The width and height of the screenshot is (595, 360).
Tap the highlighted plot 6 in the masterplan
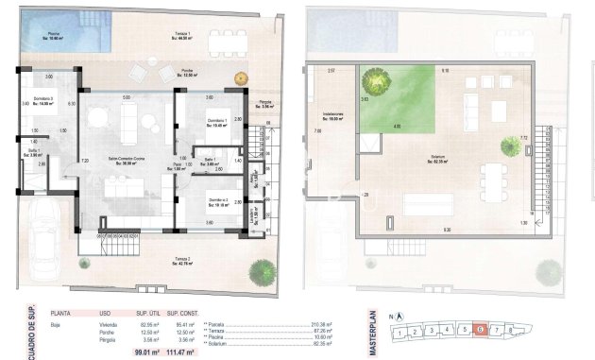pos(482,330)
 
